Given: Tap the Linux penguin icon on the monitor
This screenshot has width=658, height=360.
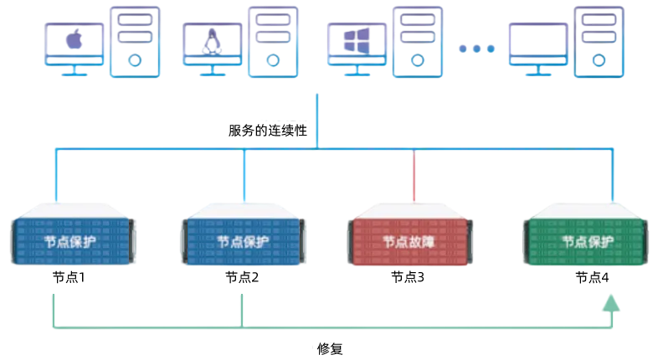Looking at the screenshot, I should coord(211,40).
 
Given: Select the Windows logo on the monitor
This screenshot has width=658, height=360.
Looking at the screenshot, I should coord(354,40).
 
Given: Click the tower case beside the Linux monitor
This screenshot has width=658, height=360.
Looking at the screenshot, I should coord(272,39).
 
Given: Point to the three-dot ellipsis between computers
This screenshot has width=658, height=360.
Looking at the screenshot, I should coord(477,49).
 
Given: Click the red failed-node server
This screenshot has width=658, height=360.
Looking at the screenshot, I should coord(413,239).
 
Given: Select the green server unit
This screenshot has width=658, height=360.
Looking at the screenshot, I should coord(586,239).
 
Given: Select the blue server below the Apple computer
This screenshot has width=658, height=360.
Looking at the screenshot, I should coord(74,239).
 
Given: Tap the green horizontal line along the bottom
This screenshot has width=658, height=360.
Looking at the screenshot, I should coord(335,326).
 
